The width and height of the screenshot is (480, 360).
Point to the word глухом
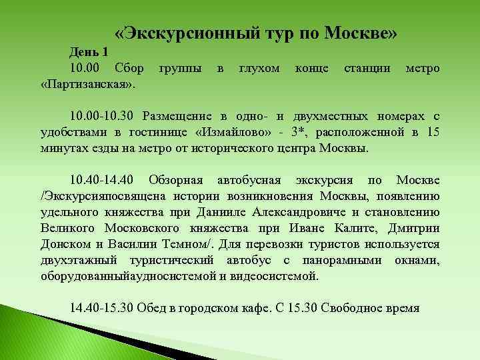click(x=259, y=69)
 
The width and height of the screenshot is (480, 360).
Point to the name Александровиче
click(x=288, y=213)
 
